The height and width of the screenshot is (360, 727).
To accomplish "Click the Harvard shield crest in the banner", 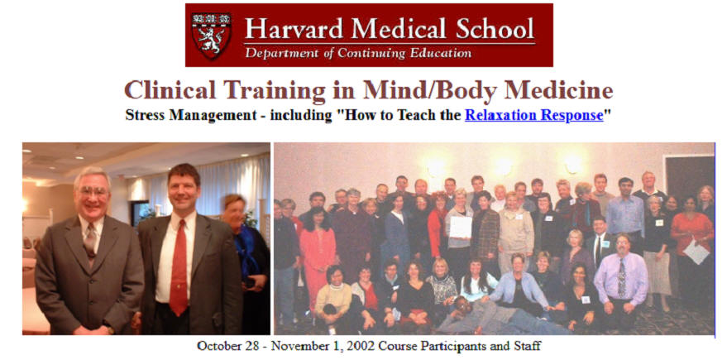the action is pos(211,36).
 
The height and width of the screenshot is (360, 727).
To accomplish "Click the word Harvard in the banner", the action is pos(294,29).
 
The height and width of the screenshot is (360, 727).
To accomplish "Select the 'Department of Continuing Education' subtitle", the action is pos(358,53).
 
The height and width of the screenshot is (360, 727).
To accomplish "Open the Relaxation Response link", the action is pos(534,114).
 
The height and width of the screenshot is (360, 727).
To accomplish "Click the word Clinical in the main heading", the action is pos(170,90).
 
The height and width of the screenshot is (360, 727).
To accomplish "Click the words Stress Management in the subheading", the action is pos(190,115).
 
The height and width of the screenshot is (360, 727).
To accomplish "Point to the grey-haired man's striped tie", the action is pos(90,241).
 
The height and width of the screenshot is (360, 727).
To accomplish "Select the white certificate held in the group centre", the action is pos(461,227).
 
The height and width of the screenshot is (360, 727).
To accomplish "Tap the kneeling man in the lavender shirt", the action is pos(620,283).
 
